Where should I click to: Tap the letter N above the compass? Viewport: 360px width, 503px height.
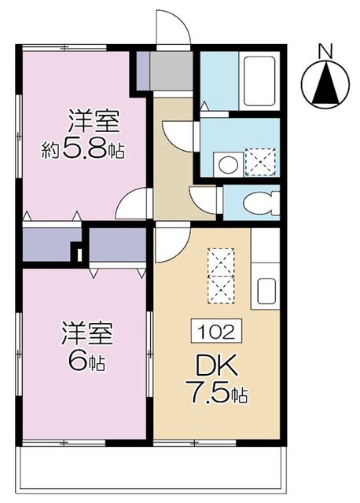point(325,51)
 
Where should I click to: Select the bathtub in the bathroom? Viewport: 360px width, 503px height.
point(259,81)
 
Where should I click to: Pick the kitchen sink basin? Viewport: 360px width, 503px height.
point(267,292)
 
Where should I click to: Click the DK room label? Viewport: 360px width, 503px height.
point(217,365)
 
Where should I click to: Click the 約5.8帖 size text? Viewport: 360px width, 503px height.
point(83,149)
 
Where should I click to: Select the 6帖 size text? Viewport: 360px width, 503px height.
point(86,362)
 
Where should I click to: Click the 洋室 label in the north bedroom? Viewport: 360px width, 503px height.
point(94,121)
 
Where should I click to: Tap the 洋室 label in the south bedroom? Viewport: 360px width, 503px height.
point(87,333)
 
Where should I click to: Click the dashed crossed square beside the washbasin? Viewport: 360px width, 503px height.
point(260,163)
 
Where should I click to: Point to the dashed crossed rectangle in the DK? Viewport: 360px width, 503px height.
point(221,275)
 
